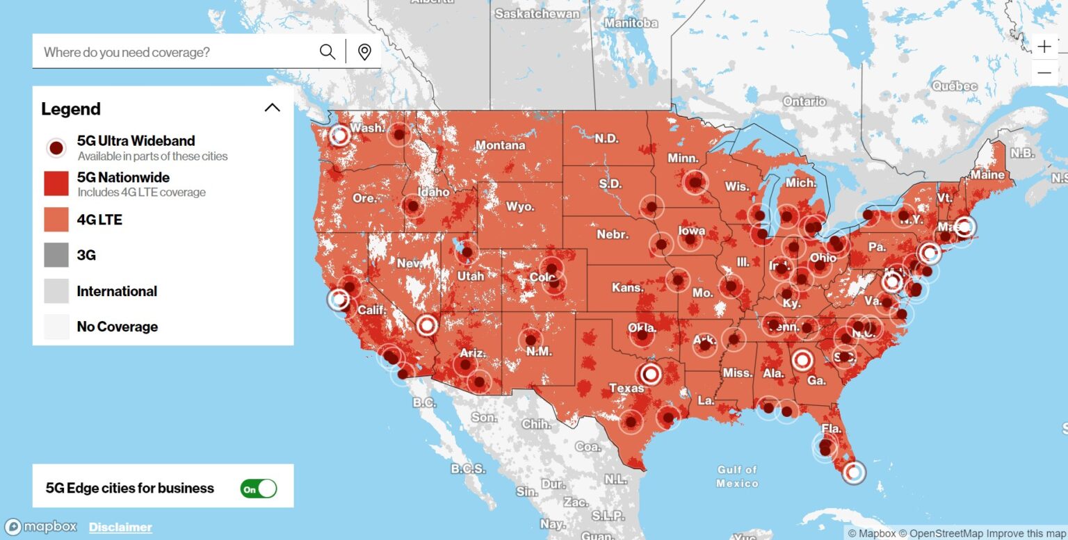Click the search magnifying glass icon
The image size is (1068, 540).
pos(327,52)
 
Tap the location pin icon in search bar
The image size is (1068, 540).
pos(364,52)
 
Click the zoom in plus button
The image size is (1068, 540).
pos(1044,47)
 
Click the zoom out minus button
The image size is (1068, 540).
pos(1044,72)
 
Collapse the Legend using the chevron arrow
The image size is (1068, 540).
pos(273,108)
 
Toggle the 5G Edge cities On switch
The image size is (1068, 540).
pos(259,489)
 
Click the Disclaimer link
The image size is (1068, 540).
pos(120,527)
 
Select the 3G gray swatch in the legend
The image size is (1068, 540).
pos(56,255)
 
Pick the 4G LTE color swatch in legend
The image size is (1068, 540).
pos(56,220)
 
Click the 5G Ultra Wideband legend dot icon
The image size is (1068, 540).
pos(56,147)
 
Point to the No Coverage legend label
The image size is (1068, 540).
pos(117,327)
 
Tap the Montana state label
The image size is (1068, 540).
pos(500,145)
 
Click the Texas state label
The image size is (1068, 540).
pos(626,388)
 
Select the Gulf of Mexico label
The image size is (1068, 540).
pos(737,476)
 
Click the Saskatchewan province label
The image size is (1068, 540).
pos(537,13)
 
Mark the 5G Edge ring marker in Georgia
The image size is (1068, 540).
pos(802,360)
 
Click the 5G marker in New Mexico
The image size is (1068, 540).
pos(531,339)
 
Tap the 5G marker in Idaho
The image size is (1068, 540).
pos(413,206)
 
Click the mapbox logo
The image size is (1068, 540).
pos(41,527)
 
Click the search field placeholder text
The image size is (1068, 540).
pos(127,52)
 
